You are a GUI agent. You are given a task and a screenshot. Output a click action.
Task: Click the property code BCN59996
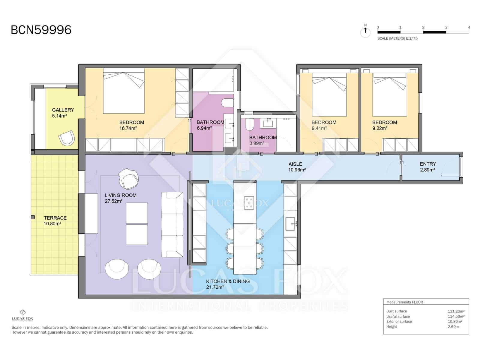pyautogui.click(x=41, y=30)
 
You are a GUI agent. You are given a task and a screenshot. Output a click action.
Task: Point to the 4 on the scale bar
pyautogui.click(x=469, y=27)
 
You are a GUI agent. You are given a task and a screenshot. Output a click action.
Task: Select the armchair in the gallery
pyautogui.click(x=66, y=138)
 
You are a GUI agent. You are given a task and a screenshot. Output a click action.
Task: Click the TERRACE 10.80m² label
pyautogui.click(x=55, y=221)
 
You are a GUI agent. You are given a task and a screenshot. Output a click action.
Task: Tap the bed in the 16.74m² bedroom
pyautogui.click(x=124, y=91)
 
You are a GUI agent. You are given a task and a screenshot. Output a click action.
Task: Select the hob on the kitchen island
pyautogui.click(x=249, y=203)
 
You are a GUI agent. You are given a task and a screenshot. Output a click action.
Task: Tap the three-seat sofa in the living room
pyautogui.click(x=172, y=224)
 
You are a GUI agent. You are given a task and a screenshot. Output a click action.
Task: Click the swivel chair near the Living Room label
pyautogui.click(x=129, y=178)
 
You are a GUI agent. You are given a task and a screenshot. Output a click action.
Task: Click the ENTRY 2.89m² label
pyautogui.click(x=428, y=167)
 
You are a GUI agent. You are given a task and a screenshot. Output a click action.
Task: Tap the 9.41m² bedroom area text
pyautogui.click(x=319, y=128)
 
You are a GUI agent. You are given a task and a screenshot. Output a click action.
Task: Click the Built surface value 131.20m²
pyautogui.click(x=456, y=311)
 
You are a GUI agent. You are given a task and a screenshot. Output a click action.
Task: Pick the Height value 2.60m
pyautogui.click(x=453, y=327)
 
